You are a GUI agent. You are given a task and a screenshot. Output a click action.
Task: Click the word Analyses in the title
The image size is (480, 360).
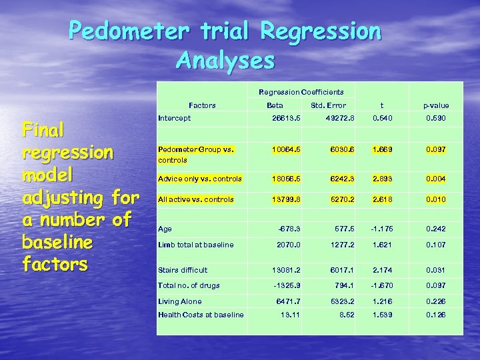click(x=225, y=61)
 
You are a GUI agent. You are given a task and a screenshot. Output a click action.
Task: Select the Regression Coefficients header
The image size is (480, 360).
click(x=301, y=92)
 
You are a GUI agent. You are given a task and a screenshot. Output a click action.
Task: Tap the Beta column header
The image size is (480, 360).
click(x=274, y=105)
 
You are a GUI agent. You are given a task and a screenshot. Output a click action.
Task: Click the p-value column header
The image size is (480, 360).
click(x=436, y=105)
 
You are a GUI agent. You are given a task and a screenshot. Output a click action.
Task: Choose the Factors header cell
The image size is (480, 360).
click(x=202, y=105)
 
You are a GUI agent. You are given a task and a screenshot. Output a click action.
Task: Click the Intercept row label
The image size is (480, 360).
click(x=174, y=118)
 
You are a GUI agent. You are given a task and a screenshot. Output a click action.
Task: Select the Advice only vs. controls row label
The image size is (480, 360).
click(x=199, y=179)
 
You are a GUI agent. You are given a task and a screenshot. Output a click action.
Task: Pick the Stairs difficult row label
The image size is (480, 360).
click(x=183, y=270)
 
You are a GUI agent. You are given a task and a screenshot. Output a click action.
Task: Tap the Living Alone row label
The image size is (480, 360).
click(x=179, y=302)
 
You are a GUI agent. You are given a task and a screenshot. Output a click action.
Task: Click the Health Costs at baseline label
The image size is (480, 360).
click(x=201, y=315)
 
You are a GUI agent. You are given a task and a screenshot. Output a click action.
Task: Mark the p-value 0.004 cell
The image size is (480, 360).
click(x=436, y=179)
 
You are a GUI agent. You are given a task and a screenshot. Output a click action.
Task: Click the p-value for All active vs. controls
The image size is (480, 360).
click(x=436, y=199)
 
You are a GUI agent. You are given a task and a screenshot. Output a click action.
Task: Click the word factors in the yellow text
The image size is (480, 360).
click(x=55, y=265)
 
